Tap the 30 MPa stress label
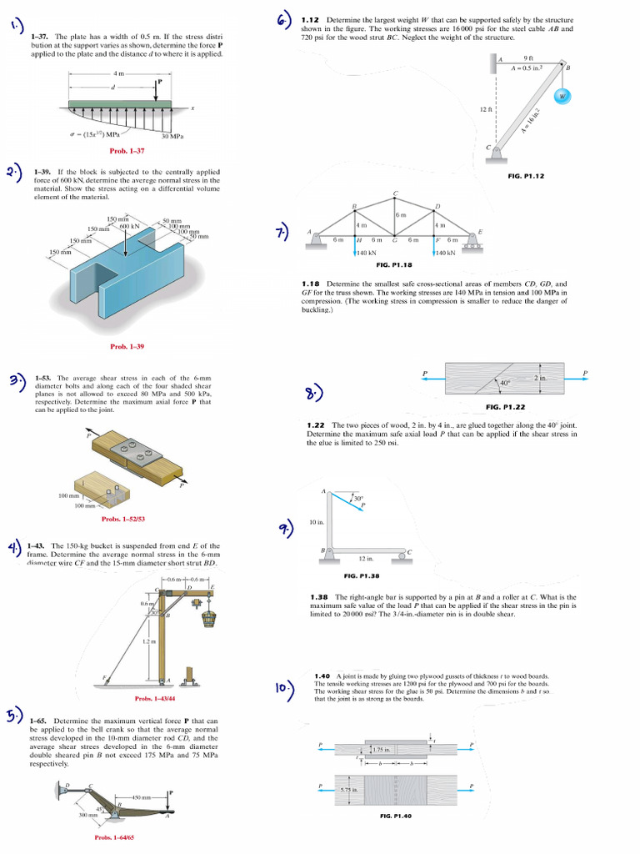(x=172, y=136)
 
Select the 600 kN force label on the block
(x=128, y=226)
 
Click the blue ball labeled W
(x=562, y=96)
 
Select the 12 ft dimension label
(x=487, y=109)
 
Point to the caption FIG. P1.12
(x=525, y=176)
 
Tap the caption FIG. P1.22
(x=505, y=407)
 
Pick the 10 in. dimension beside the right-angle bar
(x=316, y=522)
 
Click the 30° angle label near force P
(x=358, y=499)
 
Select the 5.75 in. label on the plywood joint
(x=349, y=788)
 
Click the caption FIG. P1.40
(x=396, y=815)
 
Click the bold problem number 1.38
(x=318, y=597)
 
